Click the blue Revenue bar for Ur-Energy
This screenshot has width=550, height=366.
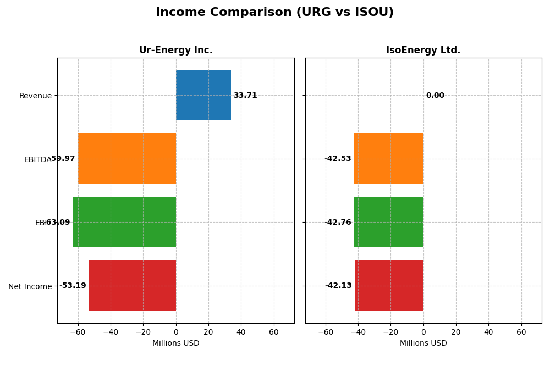[204, 95]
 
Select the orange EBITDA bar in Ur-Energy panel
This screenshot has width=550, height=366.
[127, 158]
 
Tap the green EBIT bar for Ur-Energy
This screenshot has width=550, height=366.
[124, 222]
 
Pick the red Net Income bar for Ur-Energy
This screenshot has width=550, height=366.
[133, 285]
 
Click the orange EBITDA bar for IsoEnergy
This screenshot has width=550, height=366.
[389, 158]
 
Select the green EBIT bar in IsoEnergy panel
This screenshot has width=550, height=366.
[388, 222]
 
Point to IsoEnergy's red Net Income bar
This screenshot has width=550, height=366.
[389, 285]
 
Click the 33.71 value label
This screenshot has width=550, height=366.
[245, 96]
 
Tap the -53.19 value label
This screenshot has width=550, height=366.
[73, 286]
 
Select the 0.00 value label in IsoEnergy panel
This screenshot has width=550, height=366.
[435, 96]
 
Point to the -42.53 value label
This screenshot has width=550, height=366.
[338, 159]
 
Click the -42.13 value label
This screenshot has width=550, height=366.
[338, 286]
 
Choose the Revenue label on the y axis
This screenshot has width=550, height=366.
[35, 96]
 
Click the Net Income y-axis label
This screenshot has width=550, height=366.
[30, 286]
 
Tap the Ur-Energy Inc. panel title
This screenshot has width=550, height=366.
[175, 51]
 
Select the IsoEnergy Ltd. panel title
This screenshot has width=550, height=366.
[423, 51]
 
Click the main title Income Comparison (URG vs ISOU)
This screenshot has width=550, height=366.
[274, 13]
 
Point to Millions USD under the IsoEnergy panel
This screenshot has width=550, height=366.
[423, 343]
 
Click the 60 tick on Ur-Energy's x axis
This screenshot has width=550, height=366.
[274, 332]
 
